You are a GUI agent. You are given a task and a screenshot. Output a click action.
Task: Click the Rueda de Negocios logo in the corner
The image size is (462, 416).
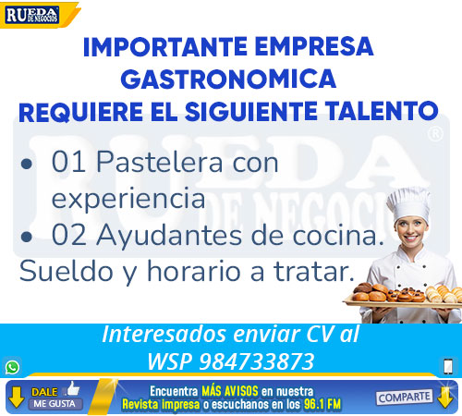[32, 15]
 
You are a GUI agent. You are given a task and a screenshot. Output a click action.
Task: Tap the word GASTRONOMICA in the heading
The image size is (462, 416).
[228, 79]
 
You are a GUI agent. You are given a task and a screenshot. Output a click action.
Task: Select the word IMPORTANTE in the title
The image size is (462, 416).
[165, 47]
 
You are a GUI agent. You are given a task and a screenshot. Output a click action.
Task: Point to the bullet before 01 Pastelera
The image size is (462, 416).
[27, 165]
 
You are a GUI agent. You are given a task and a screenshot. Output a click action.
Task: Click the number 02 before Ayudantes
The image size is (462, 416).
[69, 235]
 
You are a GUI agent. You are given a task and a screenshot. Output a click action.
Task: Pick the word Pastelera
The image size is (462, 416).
[159, 162]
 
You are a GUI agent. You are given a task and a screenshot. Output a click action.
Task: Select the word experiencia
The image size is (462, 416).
[128, 199]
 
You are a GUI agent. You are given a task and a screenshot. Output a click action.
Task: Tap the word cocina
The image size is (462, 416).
[338, 236]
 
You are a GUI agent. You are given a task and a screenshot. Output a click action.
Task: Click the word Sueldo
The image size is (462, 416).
[67, 271]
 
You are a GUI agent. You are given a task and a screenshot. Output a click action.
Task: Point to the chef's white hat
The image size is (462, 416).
[408, 204]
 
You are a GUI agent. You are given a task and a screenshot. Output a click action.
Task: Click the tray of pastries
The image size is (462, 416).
[404, 296]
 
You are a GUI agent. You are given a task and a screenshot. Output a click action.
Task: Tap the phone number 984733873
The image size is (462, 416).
[257, 361]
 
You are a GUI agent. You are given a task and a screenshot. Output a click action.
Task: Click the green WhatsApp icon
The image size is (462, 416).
[12, 367]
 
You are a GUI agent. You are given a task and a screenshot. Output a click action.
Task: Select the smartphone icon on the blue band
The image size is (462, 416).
[448, 367]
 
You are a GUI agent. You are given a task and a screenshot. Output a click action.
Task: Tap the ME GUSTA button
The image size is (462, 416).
[55, 404]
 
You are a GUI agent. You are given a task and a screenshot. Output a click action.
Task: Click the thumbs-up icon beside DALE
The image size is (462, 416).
[72, 389]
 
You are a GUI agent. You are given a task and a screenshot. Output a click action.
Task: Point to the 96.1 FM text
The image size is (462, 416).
[322, 404]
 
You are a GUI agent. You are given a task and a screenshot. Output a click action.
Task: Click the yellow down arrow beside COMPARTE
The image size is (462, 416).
[445, 398]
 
